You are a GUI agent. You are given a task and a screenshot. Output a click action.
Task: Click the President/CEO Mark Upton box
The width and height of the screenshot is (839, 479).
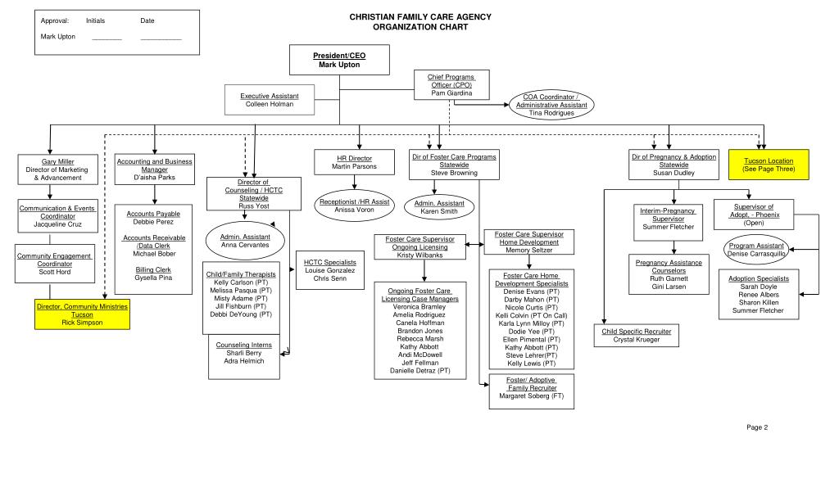click(339, 60)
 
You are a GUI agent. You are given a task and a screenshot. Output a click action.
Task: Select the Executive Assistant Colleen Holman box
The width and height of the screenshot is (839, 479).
click(270, 101)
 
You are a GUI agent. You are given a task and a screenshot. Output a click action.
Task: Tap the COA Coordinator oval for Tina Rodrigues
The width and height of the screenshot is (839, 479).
click(551, 105)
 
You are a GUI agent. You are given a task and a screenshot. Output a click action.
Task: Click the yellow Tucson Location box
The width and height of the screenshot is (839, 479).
click(768, 165)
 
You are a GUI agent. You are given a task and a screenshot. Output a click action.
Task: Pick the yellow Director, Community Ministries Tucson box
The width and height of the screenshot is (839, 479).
click(82, 314)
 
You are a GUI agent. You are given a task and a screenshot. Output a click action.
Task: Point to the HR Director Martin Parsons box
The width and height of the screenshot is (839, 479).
click(354, 162)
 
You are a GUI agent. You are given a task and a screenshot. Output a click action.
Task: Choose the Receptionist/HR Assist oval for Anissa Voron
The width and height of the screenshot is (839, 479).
click(354, 206)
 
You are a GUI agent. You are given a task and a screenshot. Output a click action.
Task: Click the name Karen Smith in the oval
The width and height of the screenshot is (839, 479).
click(439, 211)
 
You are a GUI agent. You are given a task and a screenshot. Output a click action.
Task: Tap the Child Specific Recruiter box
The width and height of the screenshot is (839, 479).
click(636, 335)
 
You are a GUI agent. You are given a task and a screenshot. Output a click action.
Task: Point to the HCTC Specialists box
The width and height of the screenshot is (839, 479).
click(329, 270)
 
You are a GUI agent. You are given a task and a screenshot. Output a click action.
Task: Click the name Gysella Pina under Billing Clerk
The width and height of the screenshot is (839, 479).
click(154, 278)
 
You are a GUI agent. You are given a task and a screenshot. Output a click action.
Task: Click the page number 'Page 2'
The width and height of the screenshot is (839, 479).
click(756, 427)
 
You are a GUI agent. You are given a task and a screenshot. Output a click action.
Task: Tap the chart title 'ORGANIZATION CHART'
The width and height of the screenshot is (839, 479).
click(420, 27)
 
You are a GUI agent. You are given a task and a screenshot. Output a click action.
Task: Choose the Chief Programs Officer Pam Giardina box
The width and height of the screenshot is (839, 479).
click(451, 85)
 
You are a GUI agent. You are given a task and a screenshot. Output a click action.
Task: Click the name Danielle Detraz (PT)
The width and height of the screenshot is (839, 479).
click(419, 370)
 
